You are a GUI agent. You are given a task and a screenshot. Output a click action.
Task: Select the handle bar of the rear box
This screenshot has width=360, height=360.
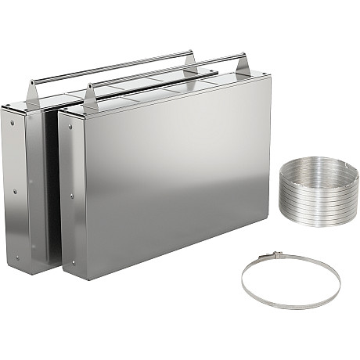[110, 67]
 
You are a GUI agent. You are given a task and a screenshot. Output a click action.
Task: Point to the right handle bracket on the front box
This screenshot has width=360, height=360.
[240, 67]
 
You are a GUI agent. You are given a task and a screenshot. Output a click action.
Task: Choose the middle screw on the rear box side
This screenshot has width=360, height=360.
[14, 190]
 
